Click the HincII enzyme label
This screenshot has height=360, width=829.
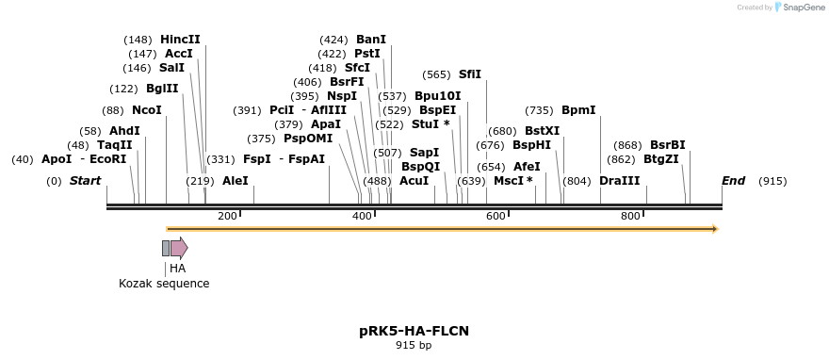coord(180,40)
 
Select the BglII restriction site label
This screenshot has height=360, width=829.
coord(162,89)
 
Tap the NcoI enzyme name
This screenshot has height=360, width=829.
coord(147,110)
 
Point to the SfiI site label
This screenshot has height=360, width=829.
coord(469,74)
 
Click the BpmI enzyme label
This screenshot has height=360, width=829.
coord(578,110)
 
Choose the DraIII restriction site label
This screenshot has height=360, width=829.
coord(619,181)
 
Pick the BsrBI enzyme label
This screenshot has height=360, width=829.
coord(667,145)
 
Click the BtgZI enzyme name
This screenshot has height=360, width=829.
coord(660,159)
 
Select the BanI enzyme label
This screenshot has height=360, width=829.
coord(371,40)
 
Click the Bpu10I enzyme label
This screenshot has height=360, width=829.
coord(438,96)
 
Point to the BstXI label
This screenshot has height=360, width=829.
coord(542,131)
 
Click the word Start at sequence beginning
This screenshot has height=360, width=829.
coord(85,181)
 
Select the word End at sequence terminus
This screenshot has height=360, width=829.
coord(733,181)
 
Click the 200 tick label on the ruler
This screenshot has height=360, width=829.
coord(227,217)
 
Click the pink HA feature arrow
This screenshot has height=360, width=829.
coord(179,248)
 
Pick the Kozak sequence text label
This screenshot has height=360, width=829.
coord(164,284)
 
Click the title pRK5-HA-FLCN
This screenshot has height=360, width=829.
coord(414,331)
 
